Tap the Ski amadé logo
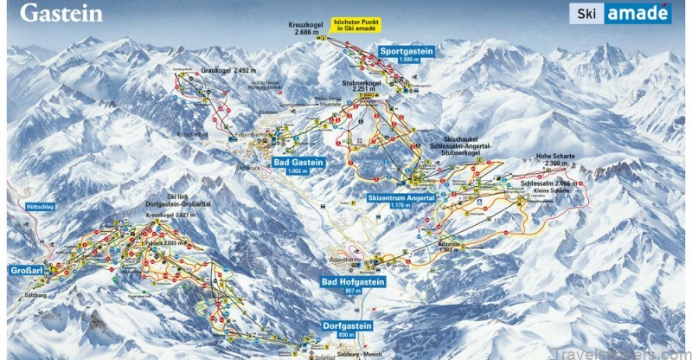click(x=619, y=13)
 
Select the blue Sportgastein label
click(x=406, y=52)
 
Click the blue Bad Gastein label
click(x=298, y=162)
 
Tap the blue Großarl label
click(x=25, y=270)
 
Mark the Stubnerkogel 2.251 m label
click(x=355, y=85)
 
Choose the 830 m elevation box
click(x=347, y=335)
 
